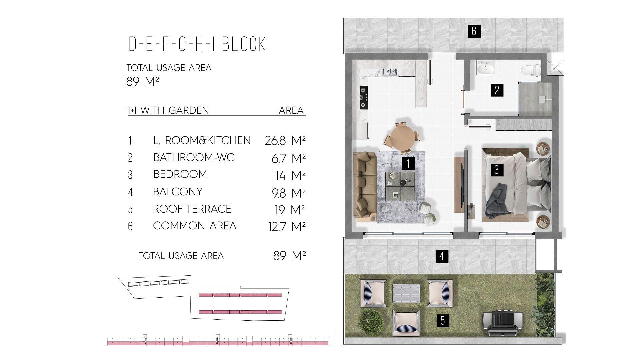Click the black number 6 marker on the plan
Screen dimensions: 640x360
tap(474, 31)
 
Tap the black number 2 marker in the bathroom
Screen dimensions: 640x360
tap(497, 90)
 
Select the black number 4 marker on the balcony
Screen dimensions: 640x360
tap(442, 256)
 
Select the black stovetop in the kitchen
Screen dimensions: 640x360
tap(364, 98)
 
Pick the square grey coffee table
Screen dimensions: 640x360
tap(400, 186)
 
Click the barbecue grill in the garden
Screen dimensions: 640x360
tap(501, 323)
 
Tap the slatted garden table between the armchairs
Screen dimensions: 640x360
tap(406, 293)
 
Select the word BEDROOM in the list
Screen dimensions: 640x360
tap(180, 174)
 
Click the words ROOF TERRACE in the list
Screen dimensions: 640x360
tap(192, 209)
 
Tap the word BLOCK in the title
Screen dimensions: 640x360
tap(244, 44)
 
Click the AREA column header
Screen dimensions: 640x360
tap(291, 110)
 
